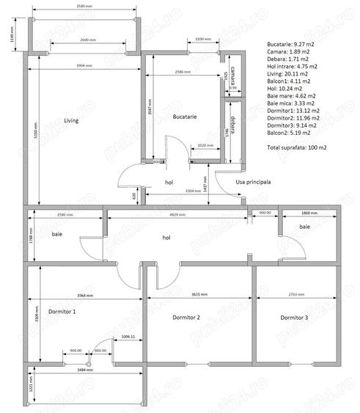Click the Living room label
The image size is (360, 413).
point(70,120)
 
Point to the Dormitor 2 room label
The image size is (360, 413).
point(187,318)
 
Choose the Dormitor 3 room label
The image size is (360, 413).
point(294,318)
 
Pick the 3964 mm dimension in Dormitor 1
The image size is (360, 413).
point(85,295)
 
